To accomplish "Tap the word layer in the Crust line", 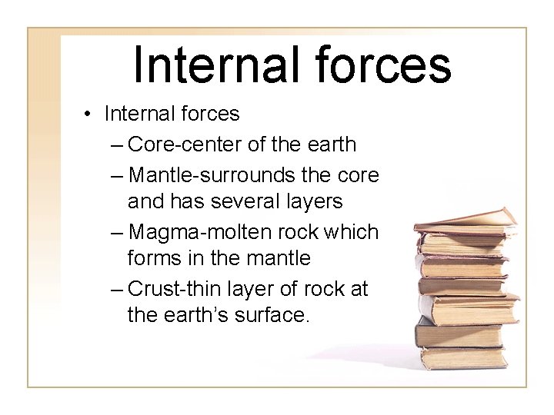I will (259, 289).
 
